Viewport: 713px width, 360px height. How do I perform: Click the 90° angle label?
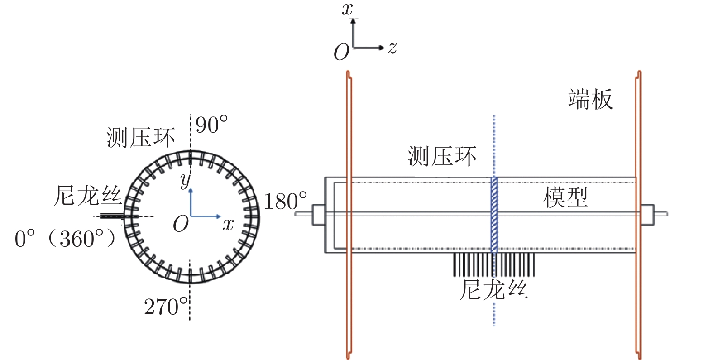(x=212, y=125)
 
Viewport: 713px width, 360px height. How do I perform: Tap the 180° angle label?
(x=285, y=201)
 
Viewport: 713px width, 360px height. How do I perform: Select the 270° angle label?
(x=166, y=307)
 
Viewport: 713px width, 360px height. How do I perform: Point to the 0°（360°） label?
(x=66, y=238)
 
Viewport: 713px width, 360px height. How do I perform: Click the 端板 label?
(x=591, y=99)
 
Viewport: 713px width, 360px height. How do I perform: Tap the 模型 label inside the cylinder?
(x=565, y=197)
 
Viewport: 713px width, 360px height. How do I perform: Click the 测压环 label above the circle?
(x=140, y=138)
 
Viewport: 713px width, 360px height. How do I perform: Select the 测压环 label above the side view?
(x=442, y=156)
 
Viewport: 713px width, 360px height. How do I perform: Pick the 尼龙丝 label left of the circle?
(x=88, y=196)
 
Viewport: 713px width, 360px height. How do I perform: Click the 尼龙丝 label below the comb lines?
(x=494, y=289)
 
